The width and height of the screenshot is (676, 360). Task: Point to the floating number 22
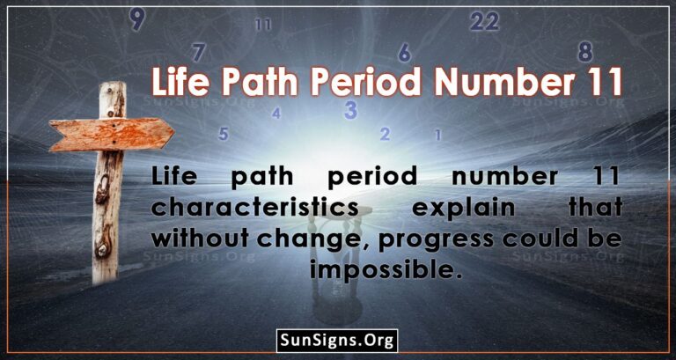pyautogui.click(x=484, y=21)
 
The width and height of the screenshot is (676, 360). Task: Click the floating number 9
pyautogui.click(x=136, y=18)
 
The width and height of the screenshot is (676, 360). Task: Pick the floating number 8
pyautogui.click(x=584, y=50)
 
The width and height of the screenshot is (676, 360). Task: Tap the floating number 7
pyautogui.click(x=199, y=52)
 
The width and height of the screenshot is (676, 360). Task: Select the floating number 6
pyautogui.click(x=404, y=52)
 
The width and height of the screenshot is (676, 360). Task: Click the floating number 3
pyautogui.click(x=350, y=110)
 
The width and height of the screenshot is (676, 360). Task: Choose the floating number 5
pyautogui.click(x=224, y=134)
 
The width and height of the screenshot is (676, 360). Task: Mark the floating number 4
pyautogui.click(x=276, y=113)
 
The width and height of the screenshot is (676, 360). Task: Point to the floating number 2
pyautogui.click(x=385, y=134)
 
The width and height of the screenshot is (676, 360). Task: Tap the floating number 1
pyautogui.click(x=437, y=135)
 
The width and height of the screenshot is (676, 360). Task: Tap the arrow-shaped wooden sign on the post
pyautogui.click(x=110, y=136)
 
